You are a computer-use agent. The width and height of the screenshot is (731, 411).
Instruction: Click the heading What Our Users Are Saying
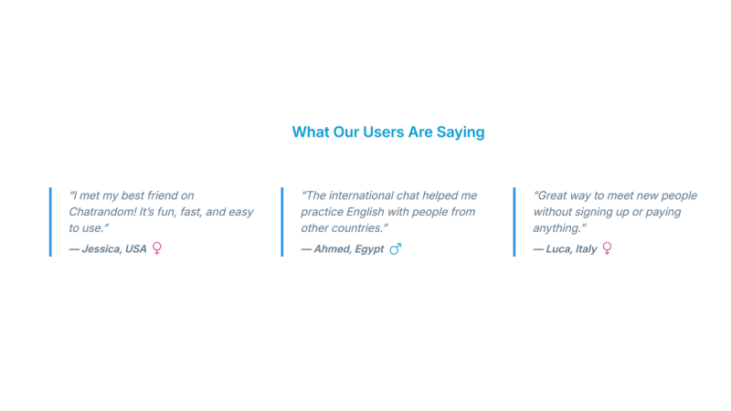(388, 132)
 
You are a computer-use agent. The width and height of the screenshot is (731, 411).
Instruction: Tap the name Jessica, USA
(114, 248)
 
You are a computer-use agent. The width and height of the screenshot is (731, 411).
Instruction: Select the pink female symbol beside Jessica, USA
(157, 248)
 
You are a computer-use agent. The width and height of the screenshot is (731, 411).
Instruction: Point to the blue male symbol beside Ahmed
(396, 248)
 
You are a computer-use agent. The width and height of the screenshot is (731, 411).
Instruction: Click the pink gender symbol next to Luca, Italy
(608, 248)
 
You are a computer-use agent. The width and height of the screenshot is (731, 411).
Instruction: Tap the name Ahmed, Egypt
(349, 248)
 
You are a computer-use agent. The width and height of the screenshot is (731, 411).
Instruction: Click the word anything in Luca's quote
(557, 228)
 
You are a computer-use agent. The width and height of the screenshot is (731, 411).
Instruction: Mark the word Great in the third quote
(553, 195)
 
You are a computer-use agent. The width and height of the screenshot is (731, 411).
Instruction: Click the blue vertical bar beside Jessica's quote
(50, 222)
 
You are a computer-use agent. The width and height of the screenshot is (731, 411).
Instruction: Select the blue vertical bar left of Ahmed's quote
(282, 222)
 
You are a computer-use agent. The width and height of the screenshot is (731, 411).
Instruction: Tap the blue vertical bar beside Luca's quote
(514, 222)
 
